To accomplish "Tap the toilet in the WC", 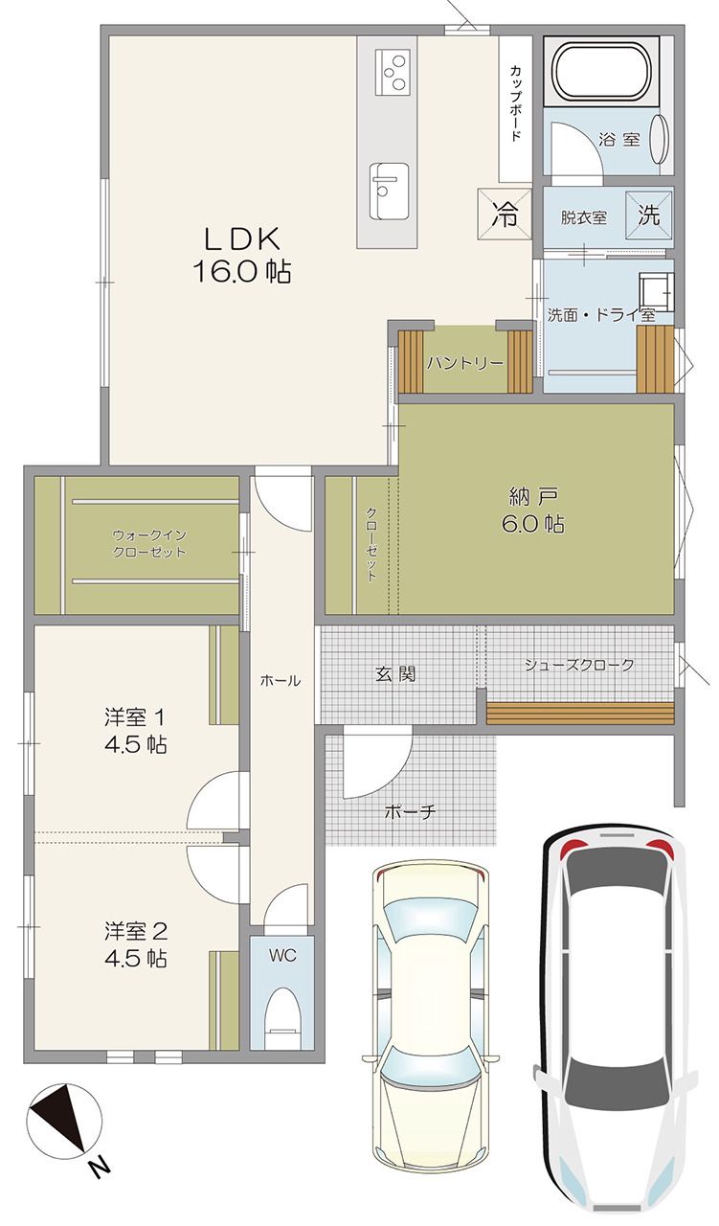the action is coord(282,1017).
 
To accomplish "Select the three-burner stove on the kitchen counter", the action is coord(393,71).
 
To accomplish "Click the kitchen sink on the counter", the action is coord(389,191).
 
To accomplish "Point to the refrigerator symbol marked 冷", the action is coord(505,214).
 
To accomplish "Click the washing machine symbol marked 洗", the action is coord(649,215).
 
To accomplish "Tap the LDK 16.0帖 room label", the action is coord(242,255).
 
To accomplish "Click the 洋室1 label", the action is coord(136,730).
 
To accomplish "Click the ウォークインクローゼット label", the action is coord(149,543).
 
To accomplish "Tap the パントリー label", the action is coord(464,363).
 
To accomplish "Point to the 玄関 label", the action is coord(395,673).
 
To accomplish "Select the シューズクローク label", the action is coord(579,665).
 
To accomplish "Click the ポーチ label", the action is coord(411,811).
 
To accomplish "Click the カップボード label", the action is coord(515,102).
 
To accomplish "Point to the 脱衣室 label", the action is coord(584,217).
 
